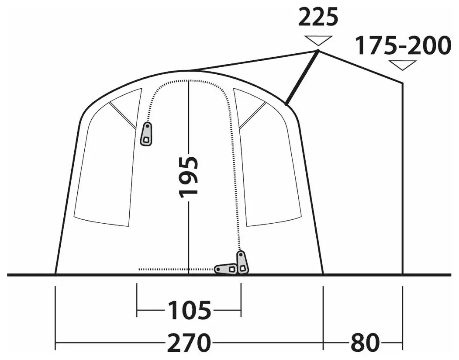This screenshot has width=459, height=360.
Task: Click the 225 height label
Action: (318, 17)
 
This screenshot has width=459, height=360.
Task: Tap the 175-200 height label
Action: (403, 45)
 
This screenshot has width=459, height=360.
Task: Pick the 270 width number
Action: (189, 342)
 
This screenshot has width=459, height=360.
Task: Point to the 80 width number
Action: (365, 342)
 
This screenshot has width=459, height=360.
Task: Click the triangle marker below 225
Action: (318, 41)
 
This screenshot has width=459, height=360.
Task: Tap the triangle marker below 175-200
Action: (403, 65)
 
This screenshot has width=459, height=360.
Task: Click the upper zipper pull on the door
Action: (147, 134)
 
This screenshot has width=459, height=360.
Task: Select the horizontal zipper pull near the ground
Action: (226, 269)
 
